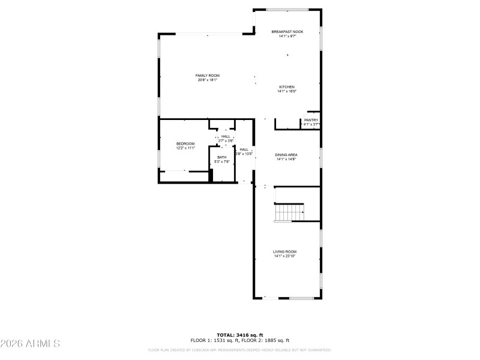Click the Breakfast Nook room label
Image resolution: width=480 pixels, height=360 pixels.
pyautogui.click(x=287, y=32)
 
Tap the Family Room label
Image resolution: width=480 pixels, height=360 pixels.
pyautogui.click(x=207, y=76)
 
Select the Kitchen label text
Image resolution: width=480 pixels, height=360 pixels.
pyautogui.click(x=286, y=87)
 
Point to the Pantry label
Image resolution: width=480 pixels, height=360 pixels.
pyautogui.click(x=311, y=120)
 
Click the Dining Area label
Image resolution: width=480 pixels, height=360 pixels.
pyautogui.click(x=286, y=155)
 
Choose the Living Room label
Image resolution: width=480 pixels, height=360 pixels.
pyautogui.click(x=285, y=251)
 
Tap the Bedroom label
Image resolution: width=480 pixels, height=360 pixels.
pyautogui.click(x=185, y=143)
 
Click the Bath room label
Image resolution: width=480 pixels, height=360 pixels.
pyautogui.click(x=222, y=157)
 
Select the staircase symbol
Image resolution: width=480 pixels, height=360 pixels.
pyautogui.click(x=289, y=212)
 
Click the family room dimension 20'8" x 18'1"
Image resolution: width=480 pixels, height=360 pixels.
pyautogui.click(x=207, y=80)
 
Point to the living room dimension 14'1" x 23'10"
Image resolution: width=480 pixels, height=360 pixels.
pyautogui.click(x=285, y=256)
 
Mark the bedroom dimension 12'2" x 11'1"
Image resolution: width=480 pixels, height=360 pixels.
pyautogui.click(x=185, y=148)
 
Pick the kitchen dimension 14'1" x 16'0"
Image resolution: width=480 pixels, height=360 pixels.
pyautogui.click(x=286, y=91)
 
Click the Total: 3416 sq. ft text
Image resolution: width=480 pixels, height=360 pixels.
pyautogui.click(x=240, y=335)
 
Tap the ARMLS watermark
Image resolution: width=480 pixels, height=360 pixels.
pyautogui.click(x=30, y=344)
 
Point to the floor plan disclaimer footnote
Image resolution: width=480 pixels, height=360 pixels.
pyautogui.click(x=240, y=350)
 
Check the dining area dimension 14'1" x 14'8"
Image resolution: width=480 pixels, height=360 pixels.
pyautogui.click(x=286, y=159)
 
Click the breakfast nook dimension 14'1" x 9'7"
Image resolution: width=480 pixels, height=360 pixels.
pyautogui.click(x=287, y=36)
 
